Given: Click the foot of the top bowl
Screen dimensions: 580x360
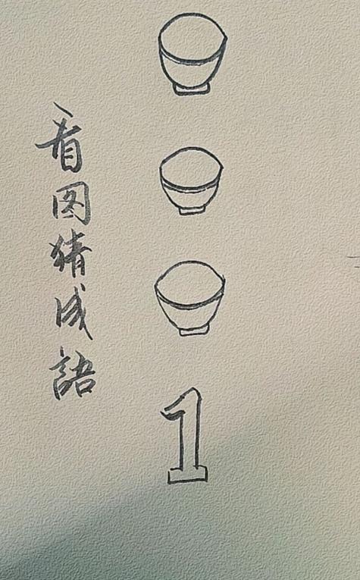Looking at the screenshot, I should pos(192,89).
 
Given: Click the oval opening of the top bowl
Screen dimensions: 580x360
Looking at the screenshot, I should pos(192,34).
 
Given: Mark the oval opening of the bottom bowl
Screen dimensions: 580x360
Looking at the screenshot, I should pos(189,279).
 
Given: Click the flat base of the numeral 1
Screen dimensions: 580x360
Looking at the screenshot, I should pos(186,476).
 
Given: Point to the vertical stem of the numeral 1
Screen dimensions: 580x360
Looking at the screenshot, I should pos(190,440).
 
